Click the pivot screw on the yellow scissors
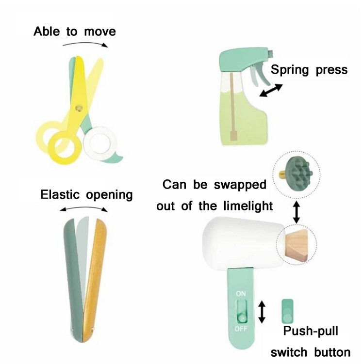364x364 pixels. click(x=79, y=108)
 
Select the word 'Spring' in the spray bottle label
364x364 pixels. click(x=290, y=70)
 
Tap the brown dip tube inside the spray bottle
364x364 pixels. click(x=232, y=107)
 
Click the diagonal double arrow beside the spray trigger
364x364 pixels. click(x=271, y=90)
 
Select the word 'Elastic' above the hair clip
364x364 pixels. click(x=61, y=194)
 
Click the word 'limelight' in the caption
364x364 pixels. click(x=248, y=206)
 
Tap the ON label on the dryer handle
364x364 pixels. click(x=241, y=294)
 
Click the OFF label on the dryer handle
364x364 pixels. click(x=241, y=329)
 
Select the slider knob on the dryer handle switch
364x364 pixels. click(x=242, y=317)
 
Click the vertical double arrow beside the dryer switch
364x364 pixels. click(x=262, y=312)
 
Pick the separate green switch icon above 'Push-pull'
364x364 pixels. click(x=287, y=311)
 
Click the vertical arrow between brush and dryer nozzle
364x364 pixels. click(x=297, y=212)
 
